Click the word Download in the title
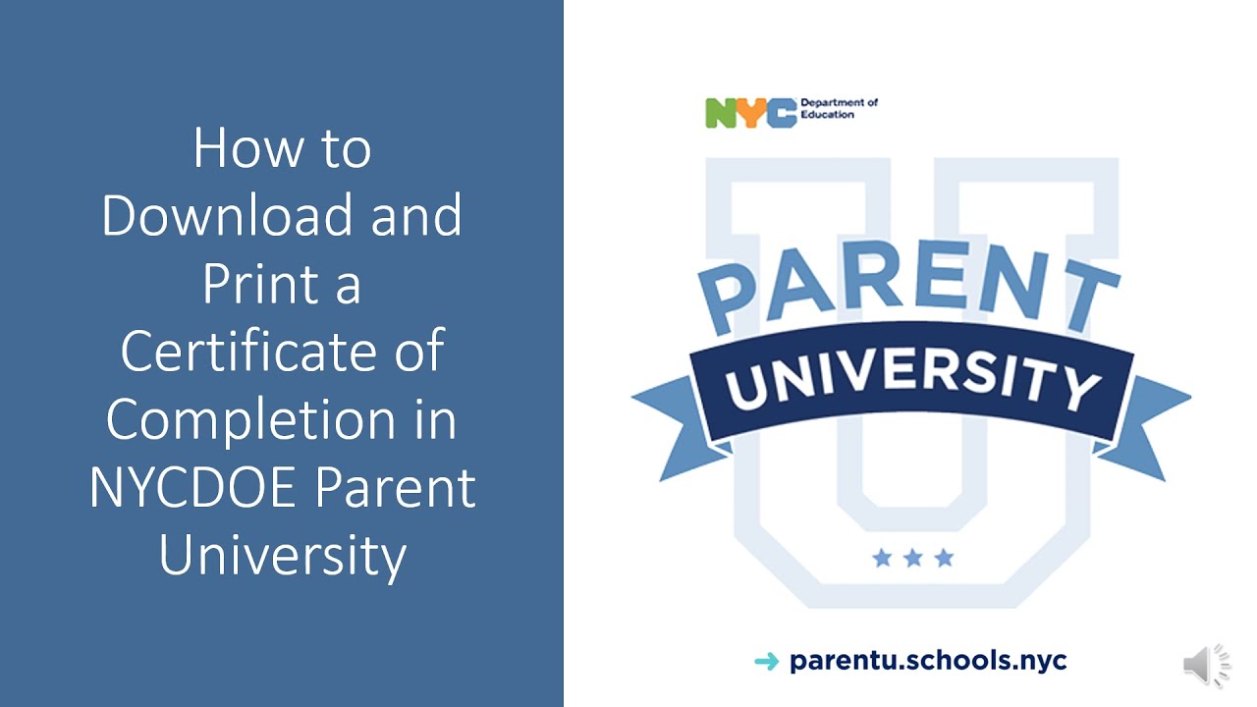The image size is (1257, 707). point(229,216)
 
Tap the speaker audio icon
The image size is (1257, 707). point(1207,667)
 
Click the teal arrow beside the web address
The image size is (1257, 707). point(766,662)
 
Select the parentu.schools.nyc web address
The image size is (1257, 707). point(928,661)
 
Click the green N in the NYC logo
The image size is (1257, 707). point(720,113)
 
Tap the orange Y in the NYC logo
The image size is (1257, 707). point(750,113)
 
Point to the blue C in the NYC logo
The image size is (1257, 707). point(781,113)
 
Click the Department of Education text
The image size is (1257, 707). point(839,108)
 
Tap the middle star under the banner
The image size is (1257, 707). point(912,559)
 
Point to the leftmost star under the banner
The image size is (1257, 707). point(882,559)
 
